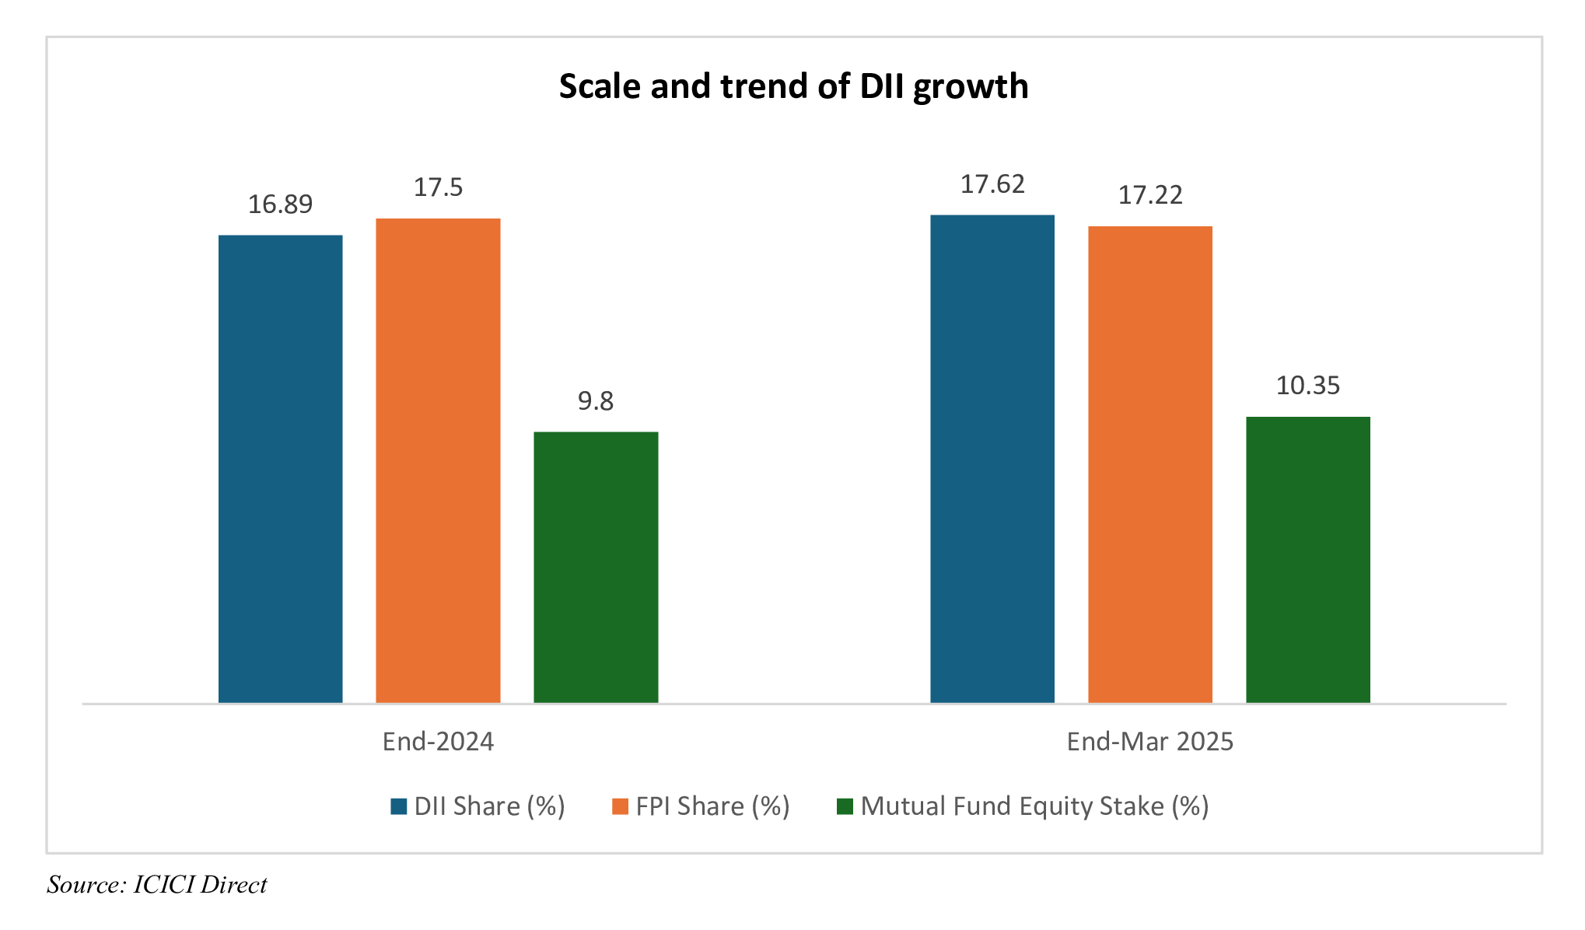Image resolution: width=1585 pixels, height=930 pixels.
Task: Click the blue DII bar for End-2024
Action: [x=280, y=469]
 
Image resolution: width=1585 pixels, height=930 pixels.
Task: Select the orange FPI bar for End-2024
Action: [x=438, y=460]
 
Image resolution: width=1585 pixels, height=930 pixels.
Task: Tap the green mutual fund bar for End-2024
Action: [x=596, y=567]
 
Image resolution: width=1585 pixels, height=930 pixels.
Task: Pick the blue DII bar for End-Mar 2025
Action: [x=992, y=459]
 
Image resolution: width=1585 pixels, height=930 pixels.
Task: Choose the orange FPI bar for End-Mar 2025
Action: [x=1149, y=464]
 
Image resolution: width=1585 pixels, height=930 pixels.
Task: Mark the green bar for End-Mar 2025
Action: [x=1307, y=560]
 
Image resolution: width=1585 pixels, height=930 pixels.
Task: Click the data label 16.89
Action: [x=280, y=205]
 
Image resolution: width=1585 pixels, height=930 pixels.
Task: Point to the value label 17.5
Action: [x=438, y=187]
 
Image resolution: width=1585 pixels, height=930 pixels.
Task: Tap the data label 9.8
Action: [x=596, y=401]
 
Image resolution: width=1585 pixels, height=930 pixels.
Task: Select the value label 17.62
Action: [x=992, y=184]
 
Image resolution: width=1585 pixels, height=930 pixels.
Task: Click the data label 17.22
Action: [x=1150, y=194]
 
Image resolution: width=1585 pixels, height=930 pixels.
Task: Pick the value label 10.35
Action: [x=1308, y=386]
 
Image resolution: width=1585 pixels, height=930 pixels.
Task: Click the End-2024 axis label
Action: [x=438, y=741]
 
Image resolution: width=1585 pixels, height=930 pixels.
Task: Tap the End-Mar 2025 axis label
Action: [x=1149, y=741]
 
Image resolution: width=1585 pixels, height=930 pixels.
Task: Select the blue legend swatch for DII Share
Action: [x=399, y=806]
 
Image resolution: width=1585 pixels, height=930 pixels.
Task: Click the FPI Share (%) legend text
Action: [x=712, y=806]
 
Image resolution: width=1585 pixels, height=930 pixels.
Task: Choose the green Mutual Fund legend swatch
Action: [x=845, y=806]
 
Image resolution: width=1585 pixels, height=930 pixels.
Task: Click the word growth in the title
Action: [x=971, y=87]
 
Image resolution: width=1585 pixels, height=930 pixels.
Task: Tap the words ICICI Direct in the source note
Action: [x=200, y=885]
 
